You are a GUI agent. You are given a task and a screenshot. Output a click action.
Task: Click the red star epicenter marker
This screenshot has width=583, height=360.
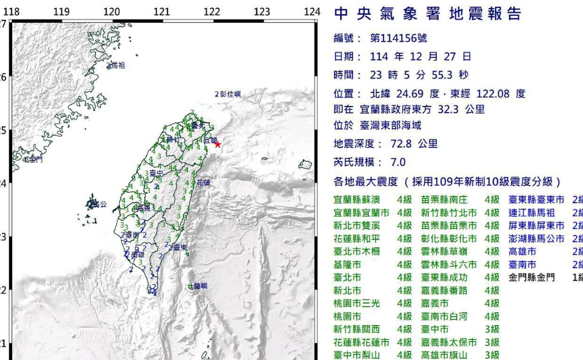217,144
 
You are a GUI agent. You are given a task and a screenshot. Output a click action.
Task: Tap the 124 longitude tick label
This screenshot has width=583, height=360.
312,12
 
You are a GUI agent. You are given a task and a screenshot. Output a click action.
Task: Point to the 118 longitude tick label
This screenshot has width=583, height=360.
12,12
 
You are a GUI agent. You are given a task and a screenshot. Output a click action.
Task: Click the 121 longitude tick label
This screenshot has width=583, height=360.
162,12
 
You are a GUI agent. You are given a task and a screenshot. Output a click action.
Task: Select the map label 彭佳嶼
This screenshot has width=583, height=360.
231,94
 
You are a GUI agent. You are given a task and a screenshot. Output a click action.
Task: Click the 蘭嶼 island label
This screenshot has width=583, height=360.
200,286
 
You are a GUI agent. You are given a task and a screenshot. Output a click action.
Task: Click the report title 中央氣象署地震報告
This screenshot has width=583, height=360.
428,14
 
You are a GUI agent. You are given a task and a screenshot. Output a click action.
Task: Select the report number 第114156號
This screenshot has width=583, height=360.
399,38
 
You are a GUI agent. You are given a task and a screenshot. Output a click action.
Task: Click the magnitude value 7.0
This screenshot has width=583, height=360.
398,163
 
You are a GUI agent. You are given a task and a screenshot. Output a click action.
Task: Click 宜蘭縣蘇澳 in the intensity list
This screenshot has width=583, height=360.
357,200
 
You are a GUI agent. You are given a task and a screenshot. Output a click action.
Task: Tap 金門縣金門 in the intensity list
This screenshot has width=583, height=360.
532,277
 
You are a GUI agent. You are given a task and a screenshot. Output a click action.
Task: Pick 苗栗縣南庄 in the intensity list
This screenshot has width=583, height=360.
444,200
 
